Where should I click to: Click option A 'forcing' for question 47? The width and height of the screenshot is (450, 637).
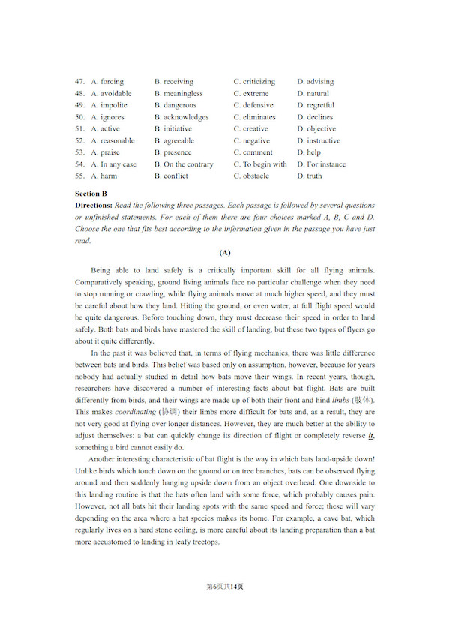(x=107, y=82)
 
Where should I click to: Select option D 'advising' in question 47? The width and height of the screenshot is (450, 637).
(x=315, y=82)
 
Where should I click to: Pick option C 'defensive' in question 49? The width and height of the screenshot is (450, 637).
(x=253, y=106)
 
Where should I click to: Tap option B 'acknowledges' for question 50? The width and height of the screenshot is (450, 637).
(x=181, y=117)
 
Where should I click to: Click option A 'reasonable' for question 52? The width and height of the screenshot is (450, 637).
(x=112, y=141)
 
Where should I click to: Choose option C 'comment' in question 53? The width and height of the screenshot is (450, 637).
(x=253, y=152)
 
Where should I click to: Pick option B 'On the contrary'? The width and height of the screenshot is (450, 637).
(x=184, y=164)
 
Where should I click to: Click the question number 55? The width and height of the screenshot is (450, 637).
(x=79, y=176)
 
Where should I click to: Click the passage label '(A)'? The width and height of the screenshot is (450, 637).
(x=224, y=252)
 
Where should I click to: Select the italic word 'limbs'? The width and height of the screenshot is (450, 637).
(x=340, y=401)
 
